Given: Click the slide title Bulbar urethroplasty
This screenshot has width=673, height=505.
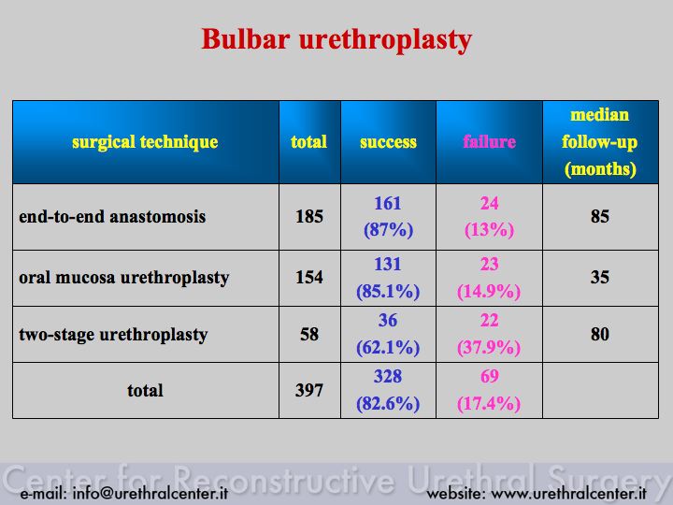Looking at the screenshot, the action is click(x=336, y=40).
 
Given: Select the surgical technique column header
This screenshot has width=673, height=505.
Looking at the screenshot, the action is click(x=145, y=142).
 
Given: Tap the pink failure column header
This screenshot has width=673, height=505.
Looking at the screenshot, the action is click(x=489, y=142).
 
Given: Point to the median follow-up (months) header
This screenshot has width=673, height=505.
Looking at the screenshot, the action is click(x=600, y=142).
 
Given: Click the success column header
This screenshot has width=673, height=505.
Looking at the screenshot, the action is click(x=388, y=142).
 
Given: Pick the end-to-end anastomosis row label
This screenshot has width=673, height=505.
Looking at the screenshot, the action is click(x=112, y=216).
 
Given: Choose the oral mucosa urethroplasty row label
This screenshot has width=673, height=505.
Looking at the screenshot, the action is click(x=124, y=278).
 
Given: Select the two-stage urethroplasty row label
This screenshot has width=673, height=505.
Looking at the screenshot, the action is click(x=113, y=335).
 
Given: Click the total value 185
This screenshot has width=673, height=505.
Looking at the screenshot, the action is click(x=309, y=216).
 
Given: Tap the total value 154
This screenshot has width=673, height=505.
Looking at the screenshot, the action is click(x=309, y=278).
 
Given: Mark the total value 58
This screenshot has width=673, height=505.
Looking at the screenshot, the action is click(x=309, y=334).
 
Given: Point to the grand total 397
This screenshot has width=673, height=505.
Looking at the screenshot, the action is click(x=309, y=390).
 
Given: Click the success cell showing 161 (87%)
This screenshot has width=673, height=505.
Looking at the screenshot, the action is click(x=388, y=216).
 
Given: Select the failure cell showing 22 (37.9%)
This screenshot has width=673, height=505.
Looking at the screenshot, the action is click(x=489, y=334).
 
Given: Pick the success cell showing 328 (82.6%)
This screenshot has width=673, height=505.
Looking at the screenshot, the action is click(x=388, y=390).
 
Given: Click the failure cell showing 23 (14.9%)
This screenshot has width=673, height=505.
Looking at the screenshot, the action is click(x=489, y=278).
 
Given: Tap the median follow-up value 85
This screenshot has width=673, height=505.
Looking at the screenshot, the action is click(x=600, y=216).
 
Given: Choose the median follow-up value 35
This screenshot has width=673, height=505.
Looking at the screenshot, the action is click(x=600, y=278).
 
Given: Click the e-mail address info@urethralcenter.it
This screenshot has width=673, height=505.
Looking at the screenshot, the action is click(x=150, y=493).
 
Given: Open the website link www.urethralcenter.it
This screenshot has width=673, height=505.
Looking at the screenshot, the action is click(x=568, y=494).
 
